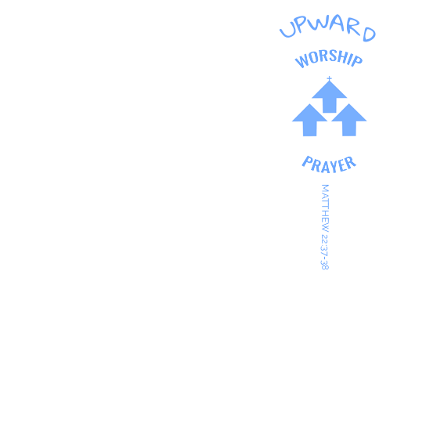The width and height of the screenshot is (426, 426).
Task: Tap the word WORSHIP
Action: [329, 58]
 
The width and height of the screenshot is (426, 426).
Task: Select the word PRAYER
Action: [329, 165]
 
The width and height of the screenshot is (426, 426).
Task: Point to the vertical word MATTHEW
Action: [325, 208]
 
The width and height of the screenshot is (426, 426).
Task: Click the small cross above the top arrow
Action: [329, 78]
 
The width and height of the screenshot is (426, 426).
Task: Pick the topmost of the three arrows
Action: [329, 97]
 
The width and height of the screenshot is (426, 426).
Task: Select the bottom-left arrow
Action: [309, 120]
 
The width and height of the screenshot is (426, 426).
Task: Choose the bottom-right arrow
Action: [349, 120]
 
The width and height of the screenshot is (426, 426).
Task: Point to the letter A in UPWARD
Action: [337, 22]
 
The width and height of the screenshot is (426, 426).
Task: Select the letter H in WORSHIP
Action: [344, 58]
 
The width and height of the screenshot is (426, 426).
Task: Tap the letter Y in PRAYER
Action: [334, 166]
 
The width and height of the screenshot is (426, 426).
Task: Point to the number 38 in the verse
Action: [325, 265]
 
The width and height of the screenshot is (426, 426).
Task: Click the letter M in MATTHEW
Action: [325, 188]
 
